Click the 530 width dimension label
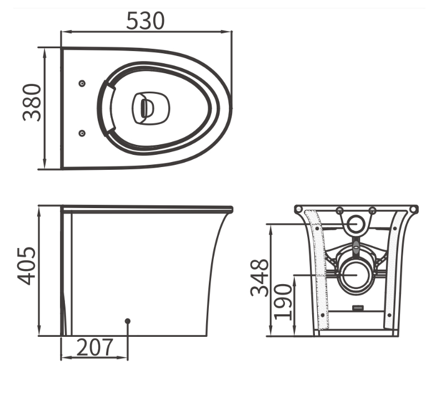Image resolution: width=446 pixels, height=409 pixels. coord(146,21)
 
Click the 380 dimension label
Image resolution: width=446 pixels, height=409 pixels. coord(32,103)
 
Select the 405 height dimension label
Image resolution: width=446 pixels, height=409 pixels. coord(27,266)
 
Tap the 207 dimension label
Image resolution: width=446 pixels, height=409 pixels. coord(95,347)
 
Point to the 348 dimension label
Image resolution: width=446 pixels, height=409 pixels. coord(259,277)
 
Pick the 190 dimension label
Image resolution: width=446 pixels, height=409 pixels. coord(283,302)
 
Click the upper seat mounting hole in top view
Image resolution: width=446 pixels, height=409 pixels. coord(82,83)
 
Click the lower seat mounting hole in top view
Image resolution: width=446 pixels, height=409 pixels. coord(82,133)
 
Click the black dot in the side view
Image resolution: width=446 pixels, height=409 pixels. coord(128,321)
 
